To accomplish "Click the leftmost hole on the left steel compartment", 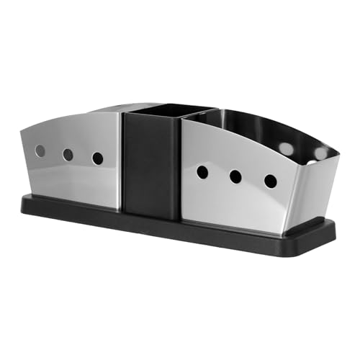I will pos(40,151).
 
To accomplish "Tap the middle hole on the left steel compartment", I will pos(68,155).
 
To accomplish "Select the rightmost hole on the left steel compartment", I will pos(98,158).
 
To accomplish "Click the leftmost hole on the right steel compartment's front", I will pos(203,172).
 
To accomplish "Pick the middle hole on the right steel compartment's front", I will pos(235,176).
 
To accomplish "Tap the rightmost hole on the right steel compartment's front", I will pos(271,181).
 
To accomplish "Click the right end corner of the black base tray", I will pos(334,230).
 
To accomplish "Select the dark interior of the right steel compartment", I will pos(252,130).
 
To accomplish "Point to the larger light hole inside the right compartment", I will pos(286,148).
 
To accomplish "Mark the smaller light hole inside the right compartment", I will pos(321,153).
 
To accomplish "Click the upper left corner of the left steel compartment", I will pos(22,130).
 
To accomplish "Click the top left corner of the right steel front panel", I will pos(183,120).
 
